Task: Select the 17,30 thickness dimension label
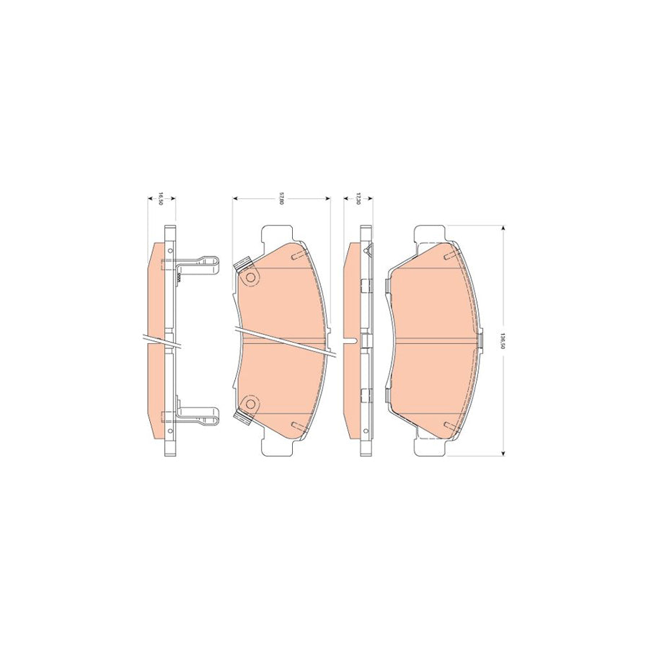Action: [358, 198]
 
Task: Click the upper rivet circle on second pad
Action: [251, 278]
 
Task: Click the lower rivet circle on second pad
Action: [251, 404]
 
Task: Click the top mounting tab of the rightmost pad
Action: [431, 234]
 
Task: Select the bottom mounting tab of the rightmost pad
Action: [431, 447]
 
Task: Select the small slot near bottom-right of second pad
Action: [294, 425]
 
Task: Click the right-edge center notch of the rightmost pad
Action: [478, 340]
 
